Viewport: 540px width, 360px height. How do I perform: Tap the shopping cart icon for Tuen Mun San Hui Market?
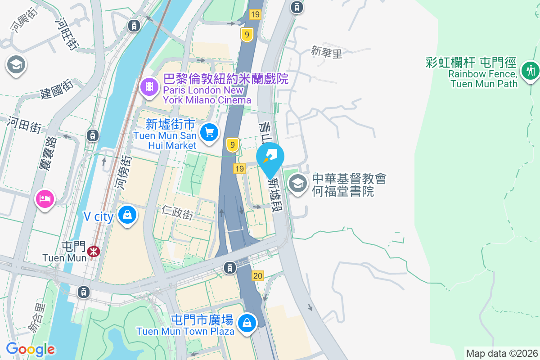(209, 132)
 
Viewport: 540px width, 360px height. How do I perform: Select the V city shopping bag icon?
(128, 215)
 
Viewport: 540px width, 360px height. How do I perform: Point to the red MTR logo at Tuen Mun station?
(94, 251)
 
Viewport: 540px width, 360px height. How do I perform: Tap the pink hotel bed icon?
(45, 198)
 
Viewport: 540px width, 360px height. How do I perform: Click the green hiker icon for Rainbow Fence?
(530, 71)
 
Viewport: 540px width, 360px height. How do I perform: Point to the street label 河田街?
(24, 124)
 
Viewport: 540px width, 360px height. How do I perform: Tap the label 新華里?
(327, 53)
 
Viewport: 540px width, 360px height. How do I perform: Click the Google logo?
(31, 349)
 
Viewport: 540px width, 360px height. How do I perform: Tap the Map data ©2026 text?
(502, 353)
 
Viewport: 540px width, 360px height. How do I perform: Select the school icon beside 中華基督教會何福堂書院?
(297, 184)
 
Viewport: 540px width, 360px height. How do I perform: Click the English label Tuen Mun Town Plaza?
(185, 332)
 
